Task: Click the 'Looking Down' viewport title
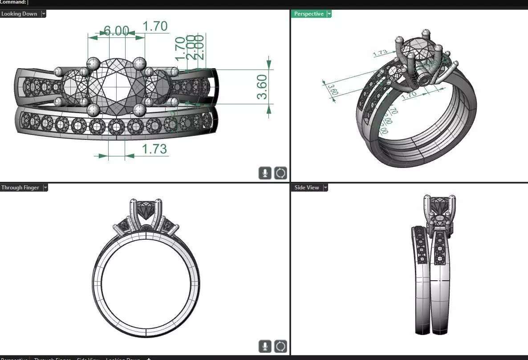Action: [19, 14]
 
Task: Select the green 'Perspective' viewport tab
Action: [309, 14]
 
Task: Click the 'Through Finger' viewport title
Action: [20, 188]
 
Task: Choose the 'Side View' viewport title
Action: [307, 188]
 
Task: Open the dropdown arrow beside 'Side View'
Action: [325, 188]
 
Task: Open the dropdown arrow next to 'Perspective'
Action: [329, 14]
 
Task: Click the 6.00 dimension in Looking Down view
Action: [116, 31]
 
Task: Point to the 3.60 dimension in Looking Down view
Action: [262, 87]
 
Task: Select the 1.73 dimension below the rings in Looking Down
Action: [154, 149]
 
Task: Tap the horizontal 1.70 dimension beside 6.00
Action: [155, 27]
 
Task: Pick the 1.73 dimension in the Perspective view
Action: [380, 53]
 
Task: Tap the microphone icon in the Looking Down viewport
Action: [265, 173]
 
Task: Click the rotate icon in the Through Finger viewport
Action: [280, 346]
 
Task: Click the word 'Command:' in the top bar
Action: [13, 2]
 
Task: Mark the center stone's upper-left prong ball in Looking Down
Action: [93, 63]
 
